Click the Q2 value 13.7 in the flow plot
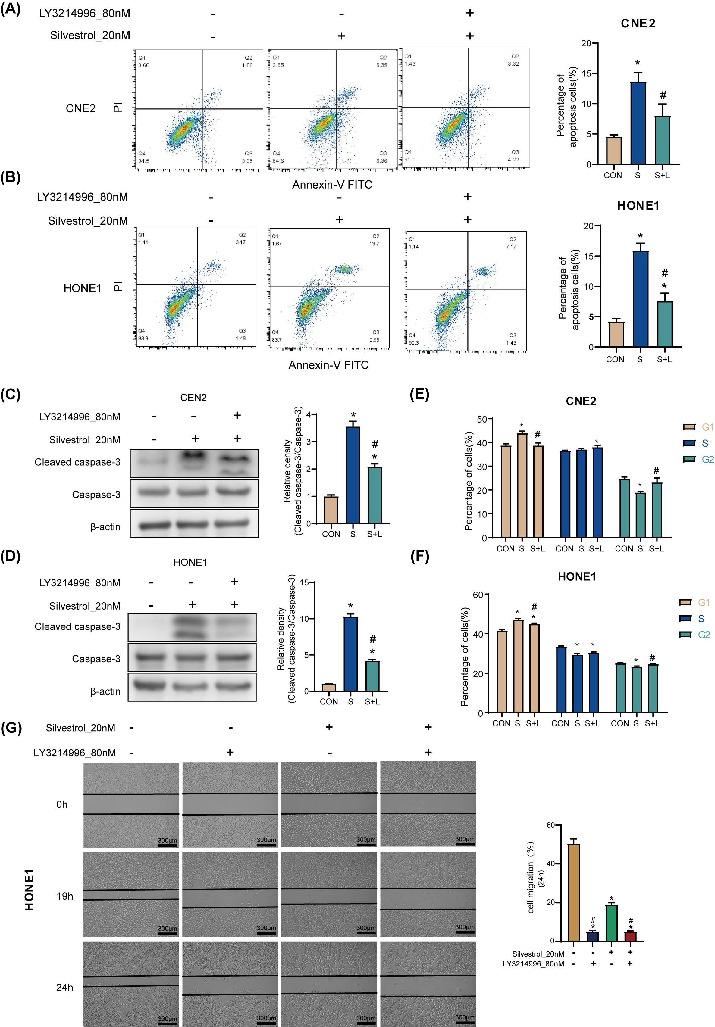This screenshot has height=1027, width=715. tap(374, 244)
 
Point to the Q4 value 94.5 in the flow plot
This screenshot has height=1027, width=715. tap(144, 161)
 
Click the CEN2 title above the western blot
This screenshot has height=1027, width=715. tap(193, 398)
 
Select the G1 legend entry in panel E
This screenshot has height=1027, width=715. tap(698, 427)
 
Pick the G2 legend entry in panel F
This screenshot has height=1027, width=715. tap(695, 635)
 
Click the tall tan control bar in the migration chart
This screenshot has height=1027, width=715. tap(573, 892)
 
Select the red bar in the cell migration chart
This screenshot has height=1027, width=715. tap(630, 936)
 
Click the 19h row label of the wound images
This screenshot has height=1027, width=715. tap(64, 896)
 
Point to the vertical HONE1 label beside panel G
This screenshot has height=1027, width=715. tap(30, 890)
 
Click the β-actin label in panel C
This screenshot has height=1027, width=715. tap(105, 527)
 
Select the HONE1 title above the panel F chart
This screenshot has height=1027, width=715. tap(577, 576)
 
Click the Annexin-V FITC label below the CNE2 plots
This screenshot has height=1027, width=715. tap(332, 185)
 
